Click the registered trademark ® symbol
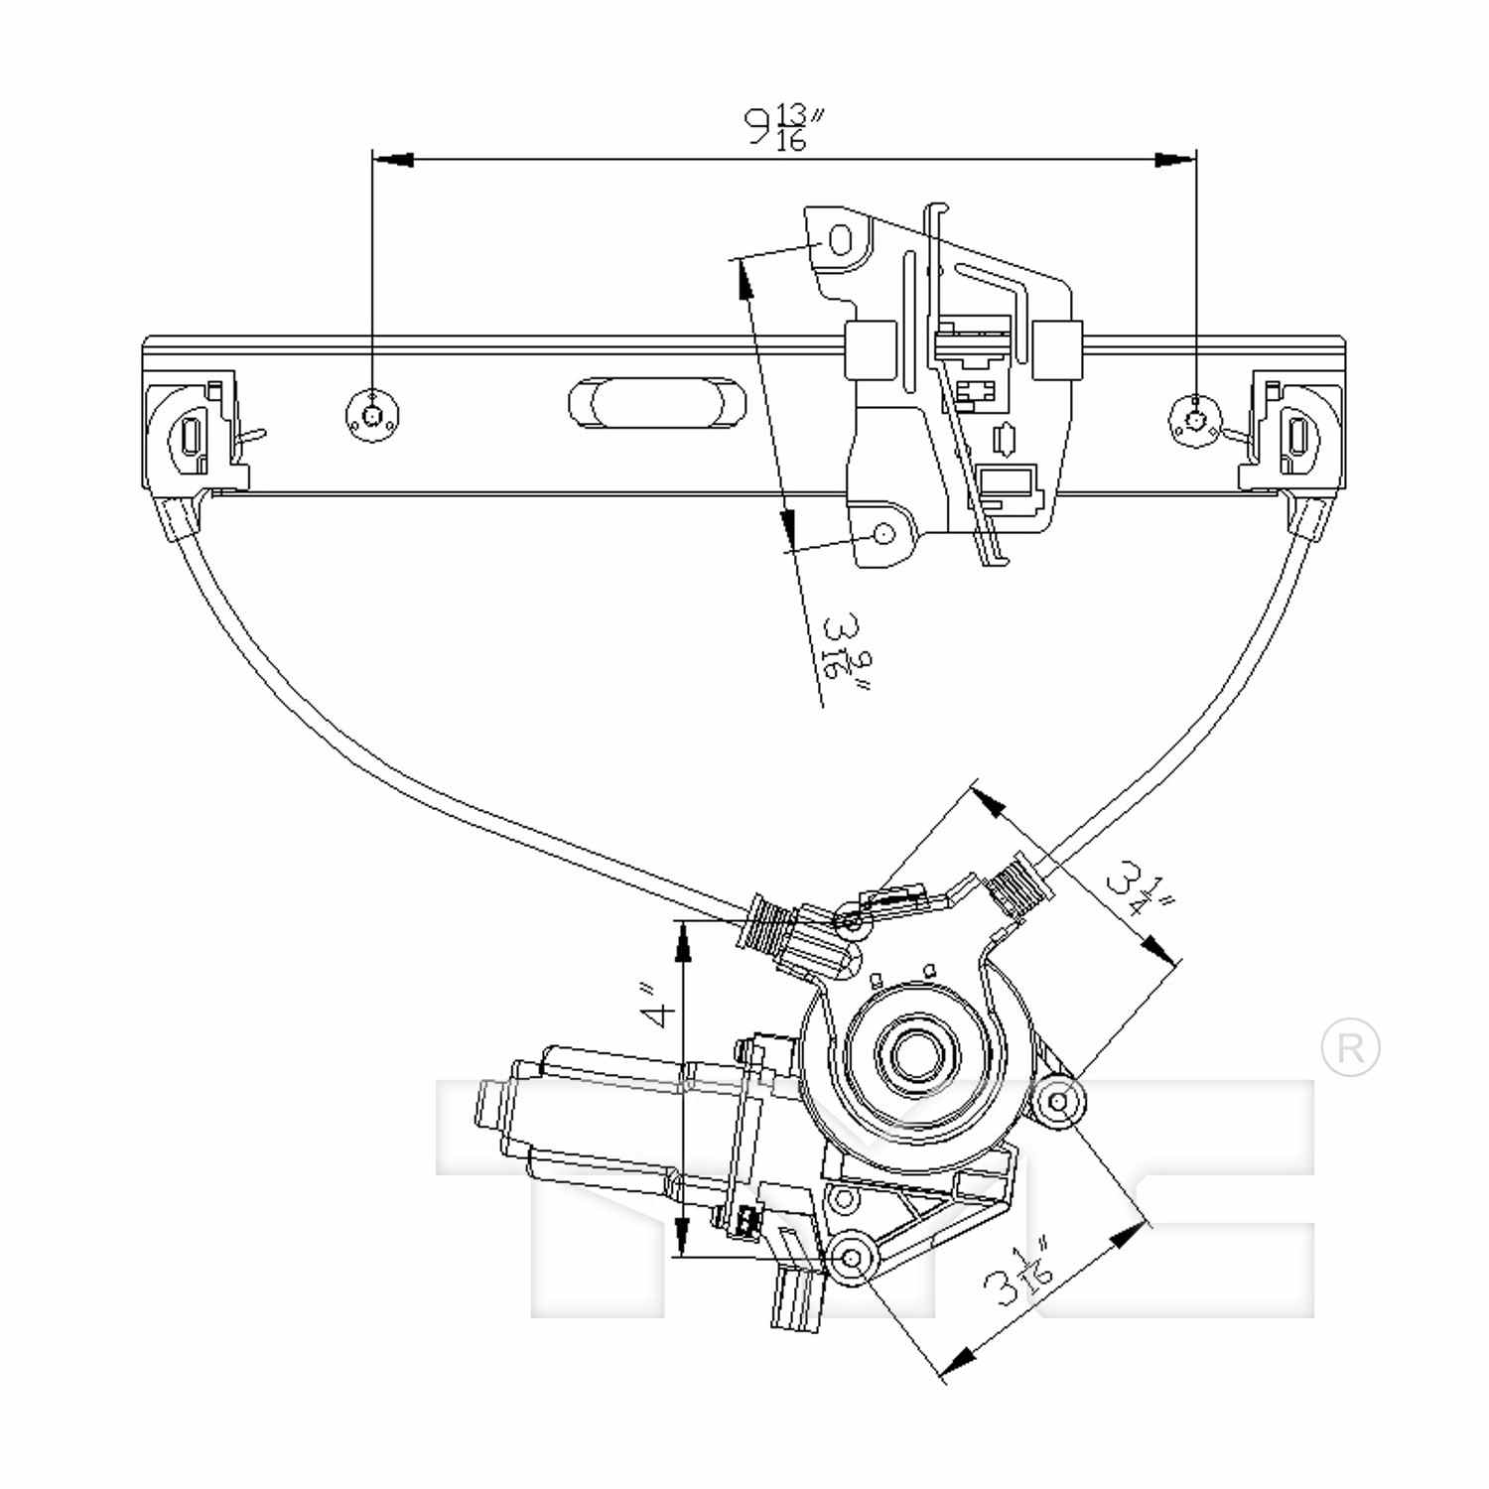point(1350,1048)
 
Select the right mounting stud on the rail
point(1196,417)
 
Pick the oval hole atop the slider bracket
point(840,240)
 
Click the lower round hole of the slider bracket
point(882,534)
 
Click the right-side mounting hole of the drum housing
point(1059,1101)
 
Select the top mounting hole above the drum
point(851,923)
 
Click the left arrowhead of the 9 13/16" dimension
point(393,159)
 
